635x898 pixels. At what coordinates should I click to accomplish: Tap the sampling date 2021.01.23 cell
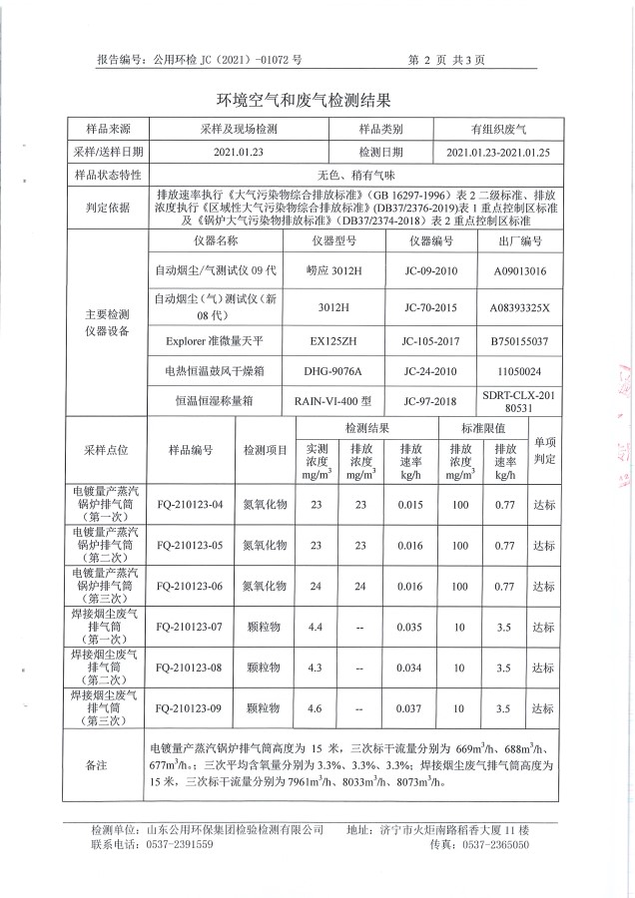pos(236,152)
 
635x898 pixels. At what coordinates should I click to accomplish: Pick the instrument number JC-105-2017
pos(431,341)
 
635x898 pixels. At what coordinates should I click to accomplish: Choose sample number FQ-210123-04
pos(191,505)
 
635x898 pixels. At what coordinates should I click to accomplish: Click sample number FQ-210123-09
pos(191,709)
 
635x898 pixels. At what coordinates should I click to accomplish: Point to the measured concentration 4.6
pos(317,709)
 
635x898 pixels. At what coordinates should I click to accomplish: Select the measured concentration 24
pos(317,587)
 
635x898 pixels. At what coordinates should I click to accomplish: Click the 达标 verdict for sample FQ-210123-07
pos(543,628)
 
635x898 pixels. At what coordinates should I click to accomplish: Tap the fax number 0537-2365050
pos(493,816)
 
